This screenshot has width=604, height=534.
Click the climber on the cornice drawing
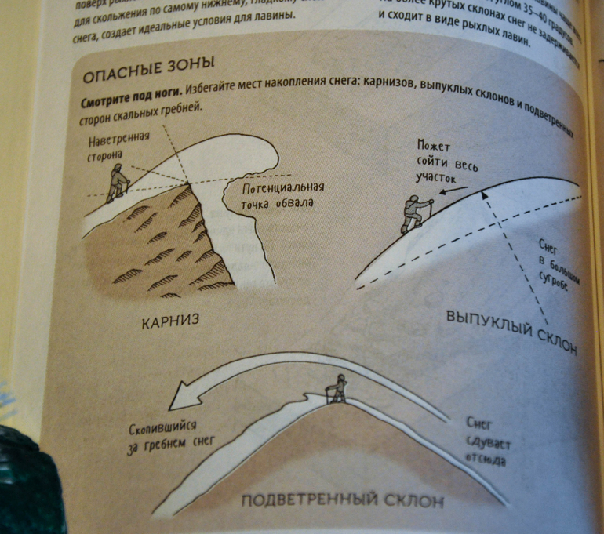coord(118,182)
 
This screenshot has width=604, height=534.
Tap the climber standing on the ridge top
coord(338,388)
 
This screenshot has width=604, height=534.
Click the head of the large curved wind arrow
coord(183,396)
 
